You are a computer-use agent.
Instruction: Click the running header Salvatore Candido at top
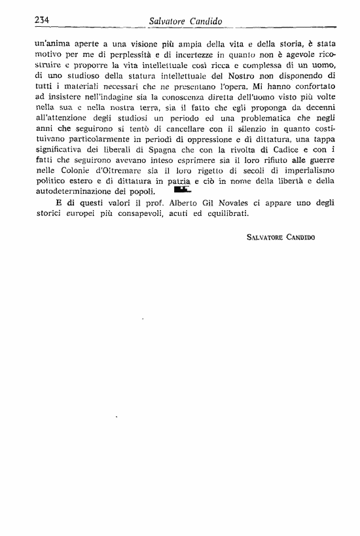tap(186, 21)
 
